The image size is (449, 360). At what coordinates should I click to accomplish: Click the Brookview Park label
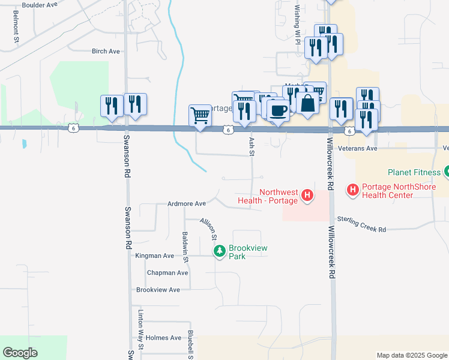(248, 252)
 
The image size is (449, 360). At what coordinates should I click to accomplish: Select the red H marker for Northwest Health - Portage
(307, 195)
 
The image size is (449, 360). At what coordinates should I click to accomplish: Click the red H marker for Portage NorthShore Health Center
(353, 190)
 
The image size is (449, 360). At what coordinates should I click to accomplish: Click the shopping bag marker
(307, 103)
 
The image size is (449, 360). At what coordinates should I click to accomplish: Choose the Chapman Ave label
(167, 272)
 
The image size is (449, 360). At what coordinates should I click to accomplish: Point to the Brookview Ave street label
(158, 290)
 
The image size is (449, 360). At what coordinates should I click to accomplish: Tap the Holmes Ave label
(163, 338)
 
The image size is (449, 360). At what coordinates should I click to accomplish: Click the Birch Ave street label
(106, 52)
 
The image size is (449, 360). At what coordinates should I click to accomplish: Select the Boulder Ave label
(39, 5)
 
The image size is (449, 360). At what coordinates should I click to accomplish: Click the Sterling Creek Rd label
(361, 224)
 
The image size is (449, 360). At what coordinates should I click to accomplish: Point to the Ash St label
(252, 146)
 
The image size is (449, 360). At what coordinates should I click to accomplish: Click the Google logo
(20, 352)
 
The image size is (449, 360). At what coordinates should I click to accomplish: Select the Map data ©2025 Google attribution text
(411, 355)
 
